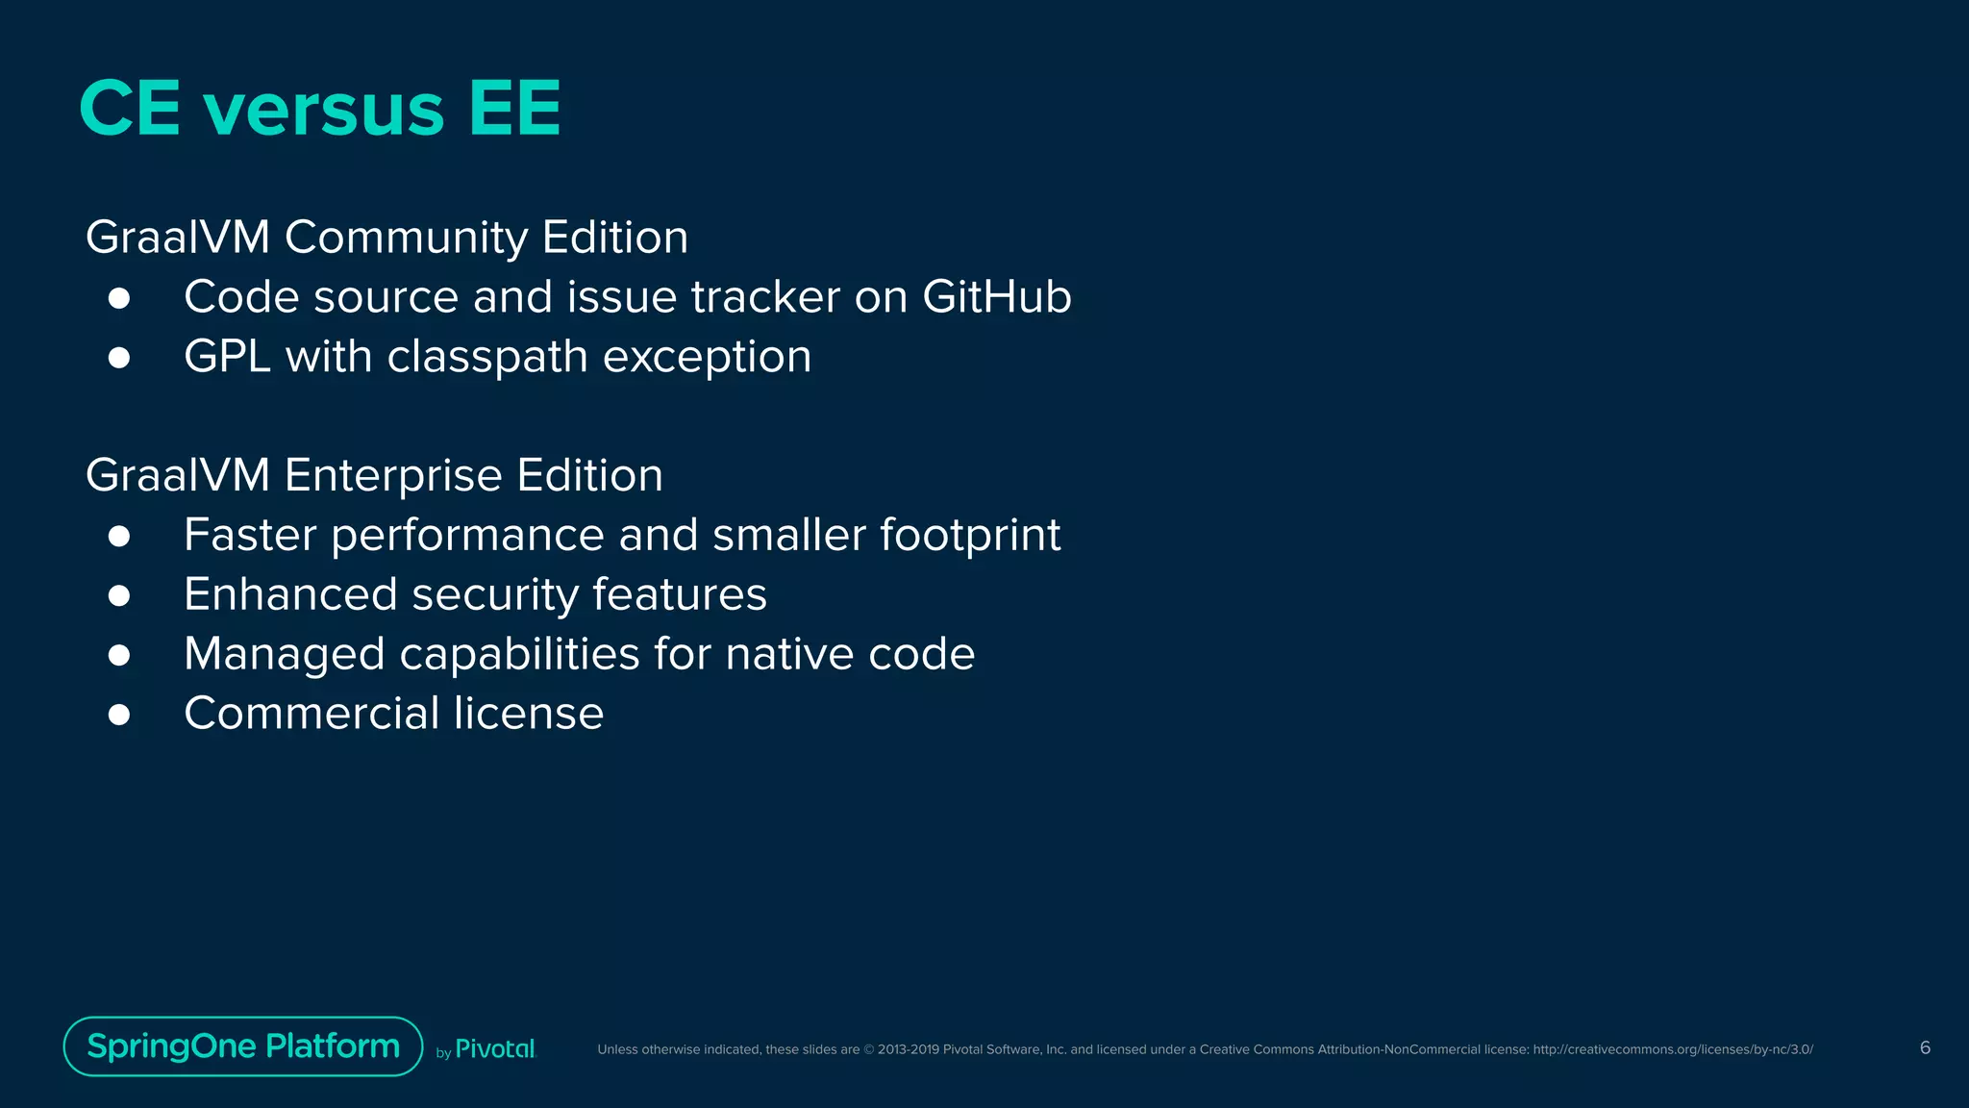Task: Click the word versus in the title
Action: [323, 109]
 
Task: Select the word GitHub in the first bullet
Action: [996, 296]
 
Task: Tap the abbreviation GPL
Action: [227, 357]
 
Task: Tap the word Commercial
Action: [311, 714]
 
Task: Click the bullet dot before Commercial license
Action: [119, 715]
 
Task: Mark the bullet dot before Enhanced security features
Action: [119, 595]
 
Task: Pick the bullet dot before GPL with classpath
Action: [119, 358]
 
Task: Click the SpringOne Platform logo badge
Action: [243, 1046]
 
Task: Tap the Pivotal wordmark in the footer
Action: [494, 1049]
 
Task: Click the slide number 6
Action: [1925, 1047]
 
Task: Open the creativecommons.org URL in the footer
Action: [1672, 1049]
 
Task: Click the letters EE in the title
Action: [514, 109]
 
